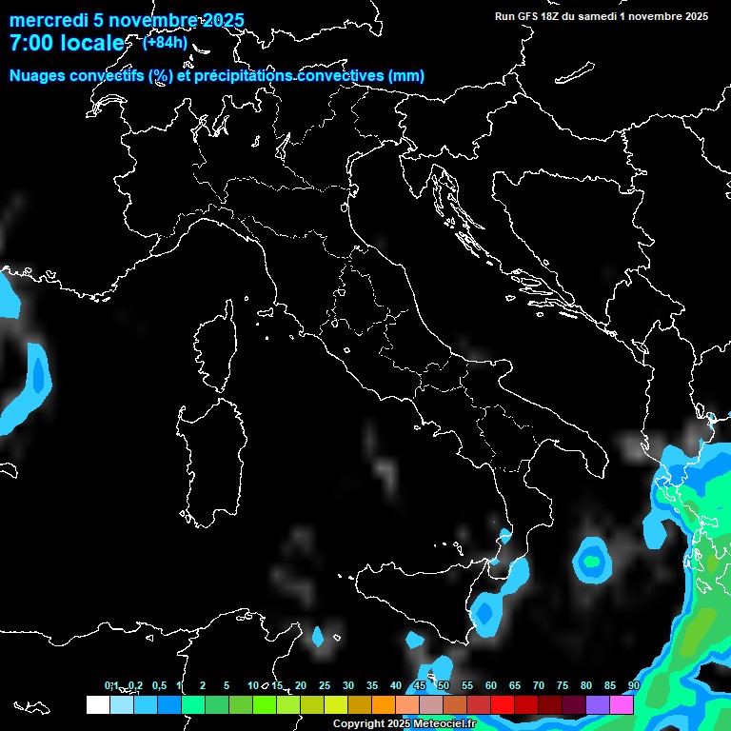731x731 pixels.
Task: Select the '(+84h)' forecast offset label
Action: [x=165, y=42]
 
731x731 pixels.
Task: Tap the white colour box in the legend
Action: [x=97, y=704]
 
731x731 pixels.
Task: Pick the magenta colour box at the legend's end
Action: [x=622, y=704]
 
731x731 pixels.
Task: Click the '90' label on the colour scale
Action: [x=633, y=686]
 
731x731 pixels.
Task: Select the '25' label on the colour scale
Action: [x=325, y=686]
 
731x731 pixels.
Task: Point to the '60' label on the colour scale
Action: [x=491, y=686]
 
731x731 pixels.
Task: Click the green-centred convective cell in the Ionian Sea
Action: [x=592, y=561]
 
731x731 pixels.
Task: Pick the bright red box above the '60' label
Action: [x=503, y=704]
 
